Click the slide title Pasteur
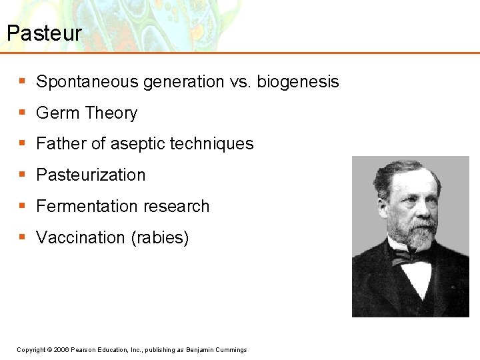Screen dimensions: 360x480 (44, 33)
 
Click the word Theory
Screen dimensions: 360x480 (111, 113)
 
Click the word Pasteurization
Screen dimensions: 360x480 (91, 175)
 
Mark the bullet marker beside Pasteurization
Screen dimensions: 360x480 (22, 175)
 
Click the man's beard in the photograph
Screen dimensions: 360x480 (419, 235)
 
